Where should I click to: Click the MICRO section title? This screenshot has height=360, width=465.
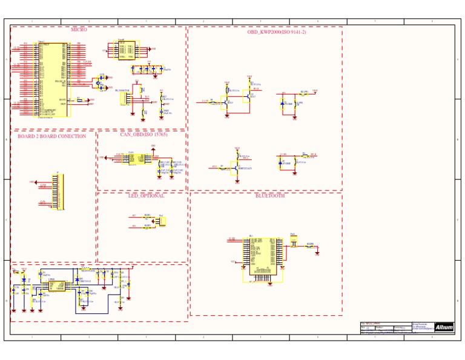click(79, 29)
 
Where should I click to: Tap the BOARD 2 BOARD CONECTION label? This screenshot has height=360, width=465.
click(51, 136)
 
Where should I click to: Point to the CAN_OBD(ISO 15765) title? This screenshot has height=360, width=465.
click(144, 135)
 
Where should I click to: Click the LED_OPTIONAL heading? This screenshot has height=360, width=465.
click(146, 196)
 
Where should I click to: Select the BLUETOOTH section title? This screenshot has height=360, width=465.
click(270, 196)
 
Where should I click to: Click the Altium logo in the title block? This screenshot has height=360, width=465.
click(444, 327)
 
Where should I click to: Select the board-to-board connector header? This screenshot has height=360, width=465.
click(60, 192)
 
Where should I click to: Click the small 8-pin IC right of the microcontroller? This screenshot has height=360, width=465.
click(126, 50)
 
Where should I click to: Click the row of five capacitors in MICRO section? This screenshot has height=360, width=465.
click(148, 69)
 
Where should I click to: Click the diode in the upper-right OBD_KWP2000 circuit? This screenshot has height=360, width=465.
click(282, 104)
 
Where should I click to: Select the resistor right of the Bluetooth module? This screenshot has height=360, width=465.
click(309, 247)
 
